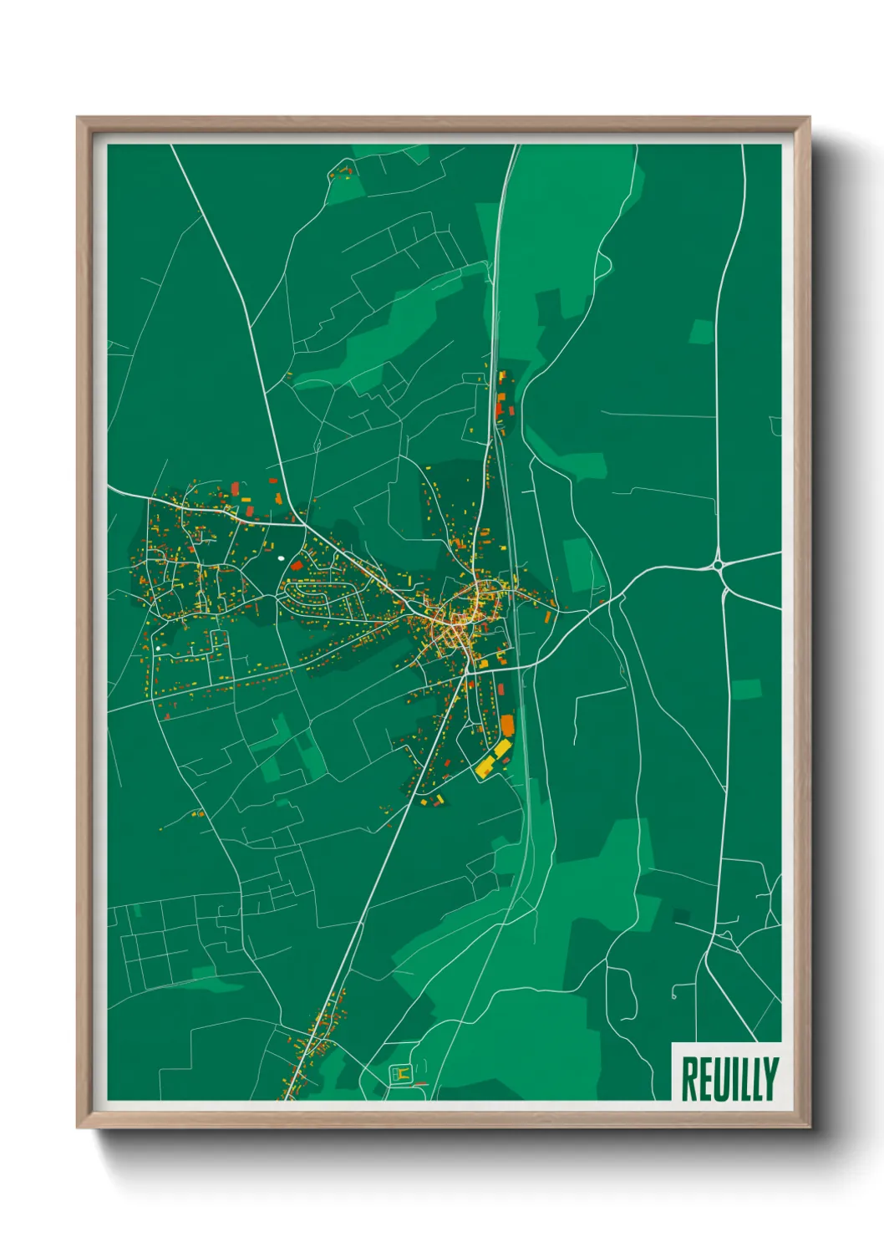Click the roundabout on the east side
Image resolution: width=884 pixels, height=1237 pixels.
click(719, 566)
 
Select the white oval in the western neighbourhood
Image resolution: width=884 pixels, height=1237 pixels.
click(280, 557)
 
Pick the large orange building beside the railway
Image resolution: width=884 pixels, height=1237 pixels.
click(507, 725)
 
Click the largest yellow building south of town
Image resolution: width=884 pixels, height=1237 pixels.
click(485, 766)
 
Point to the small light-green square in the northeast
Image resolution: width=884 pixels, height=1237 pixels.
click(701, 331)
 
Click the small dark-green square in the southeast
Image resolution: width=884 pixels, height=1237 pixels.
click(682, 917)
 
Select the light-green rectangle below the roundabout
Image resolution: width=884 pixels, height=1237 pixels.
click(746, 690)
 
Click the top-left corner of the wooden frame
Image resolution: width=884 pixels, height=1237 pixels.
click(78, 118)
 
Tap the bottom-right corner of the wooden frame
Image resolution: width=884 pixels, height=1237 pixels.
click(809, 1128)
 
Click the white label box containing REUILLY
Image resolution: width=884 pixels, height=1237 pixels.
click(726, 1072)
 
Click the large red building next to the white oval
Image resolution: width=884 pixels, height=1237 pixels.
click(297, 566)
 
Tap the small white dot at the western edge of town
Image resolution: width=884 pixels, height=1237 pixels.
click(157, 647)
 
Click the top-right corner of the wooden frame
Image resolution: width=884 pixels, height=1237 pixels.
click(809, 118)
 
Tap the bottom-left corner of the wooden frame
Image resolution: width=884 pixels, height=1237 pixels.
click(78, 1128)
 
